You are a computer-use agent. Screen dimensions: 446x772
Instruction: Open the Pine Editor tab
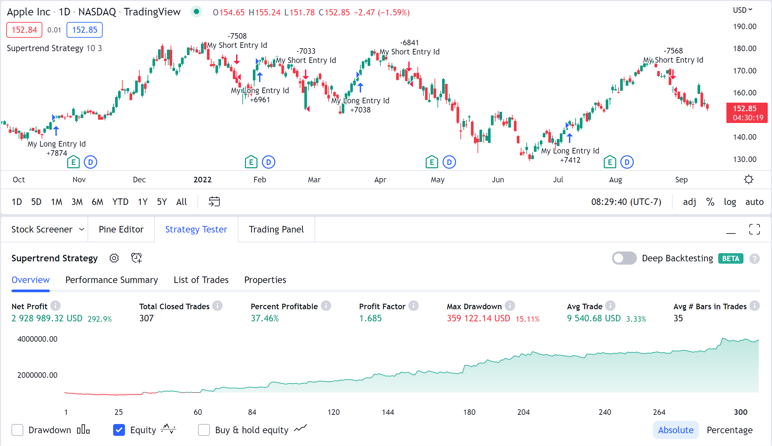[121, 229]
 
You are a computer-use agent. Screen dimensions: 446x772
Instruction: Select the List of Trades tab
[201, 280]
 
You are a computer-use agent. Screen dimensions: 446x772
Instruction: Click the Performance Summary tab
[112, 280]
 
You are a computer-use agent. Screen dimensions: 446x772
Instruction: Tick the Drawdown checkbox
[17, 430]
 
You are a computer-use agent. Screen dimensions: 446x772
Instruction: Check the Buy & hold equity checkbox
[204, 430]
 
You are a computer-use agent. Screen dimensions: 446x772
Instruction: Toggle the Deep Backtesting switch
[624, 258]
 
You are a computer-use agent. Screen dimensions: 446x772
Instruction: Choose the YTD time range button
[120, 202]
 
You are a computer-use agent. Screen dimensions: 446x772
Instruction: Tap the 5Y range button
[162, 202]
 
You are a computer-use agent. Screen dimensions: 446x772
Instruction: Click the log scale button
[730, 202]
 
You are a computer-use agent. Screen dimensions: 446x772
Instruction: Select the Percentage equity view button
[729, 430]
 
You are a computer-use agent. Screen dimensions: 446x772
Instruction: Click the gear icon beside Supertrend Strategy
[114, 258]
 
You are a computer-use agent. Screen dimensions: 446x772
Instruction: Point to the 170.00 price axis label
[744, 71]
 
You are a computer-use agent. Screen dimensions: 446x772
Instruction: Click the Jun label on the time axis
[498, 180]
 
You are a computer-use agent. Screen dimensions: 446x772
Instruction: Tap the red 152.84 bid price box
[24, 30]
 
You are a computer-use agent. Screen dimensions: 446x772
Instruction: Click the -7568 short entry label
[673, 51]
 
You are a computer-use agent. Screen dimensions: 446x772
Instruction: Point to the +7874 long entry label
[57, 153]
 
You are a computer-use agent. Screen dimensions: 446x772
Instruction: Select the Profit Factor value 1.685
[370, 318]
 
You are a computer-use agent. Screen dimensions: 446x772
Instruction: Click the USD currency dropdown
[742, 10]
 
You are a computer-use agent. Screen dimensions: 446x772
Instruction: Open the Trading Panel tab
[276, 229]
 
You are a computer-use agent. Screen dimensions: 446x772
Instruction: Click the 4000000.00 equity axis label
[37, 339]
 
